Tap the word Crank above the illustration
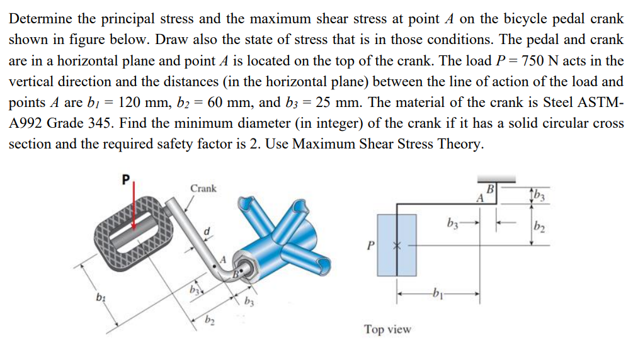203,188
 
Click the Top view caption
387,329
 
